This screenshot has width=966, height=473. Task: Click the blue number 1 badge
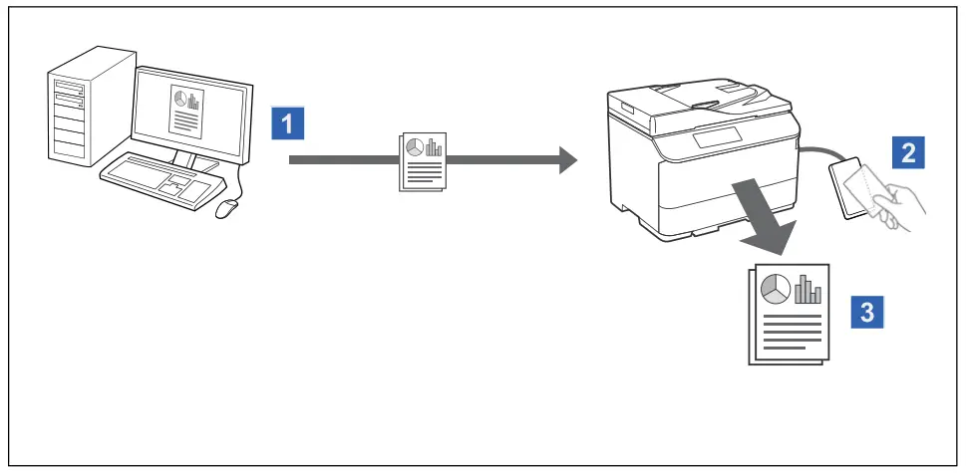click(x=287, y=124)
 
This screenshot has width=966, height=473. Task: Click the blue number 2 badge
click(x=908, y=152)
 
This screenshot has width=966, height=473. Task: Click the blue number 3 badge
click(x=866, y=312)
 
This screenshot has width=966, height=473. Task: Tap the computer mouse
click(x=228, y=207)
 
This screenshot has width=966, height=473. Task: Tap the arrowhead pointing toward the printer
click(x=567, y=159)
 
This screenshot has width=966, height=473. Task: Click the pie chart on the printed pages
click(x=776, y=289)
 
